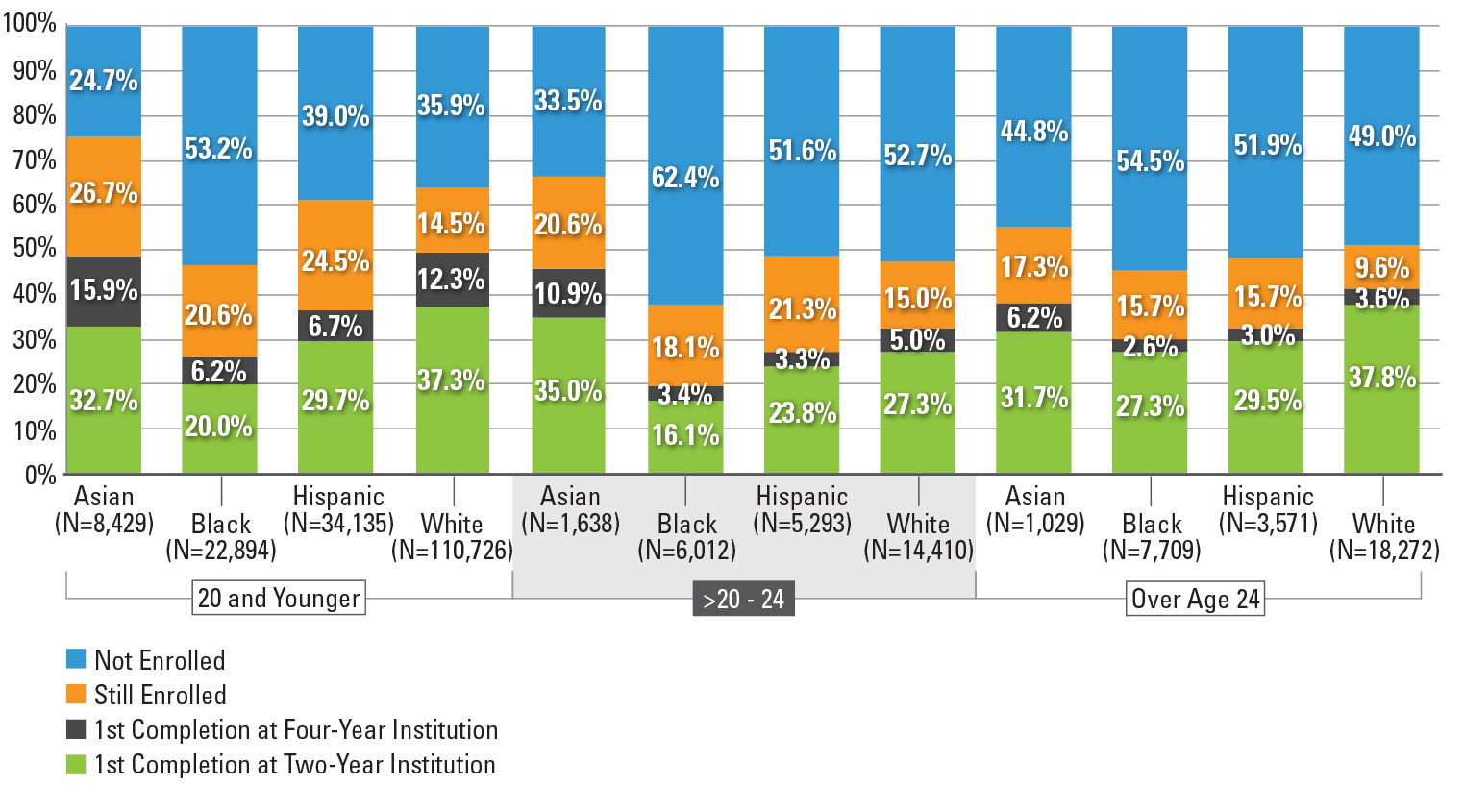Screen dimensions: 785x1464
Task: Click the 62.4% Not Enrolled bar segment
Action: click(x=685, y=165)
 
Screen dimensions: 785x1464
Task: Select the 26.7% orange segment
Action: click(x=104, y=196)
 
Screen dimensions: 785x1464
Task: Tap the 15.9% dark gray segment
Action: click(x=104, y=290)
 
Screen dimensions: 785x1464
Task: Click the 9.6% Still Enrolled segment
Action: click(x=1381, y=267)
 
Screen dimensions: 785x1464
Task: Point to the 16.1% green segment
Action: click(x=685, y=436)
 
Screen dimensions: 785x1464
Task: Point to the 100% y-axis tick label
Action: click(x=30, y=24)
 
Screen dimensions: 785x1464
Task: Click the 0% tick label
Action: click(x=40, y=474)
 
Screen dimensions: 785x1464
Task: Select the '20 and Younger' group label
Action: click(x=279, y=598)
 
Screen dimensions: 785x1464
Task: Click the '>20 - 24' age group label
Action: click(x=743, y=600)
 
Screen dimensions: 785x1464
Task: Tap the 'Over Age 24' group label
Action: click(x=1195, y=599)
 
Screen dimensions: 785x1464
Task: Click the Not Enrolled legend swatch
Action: click(x=76, y=659)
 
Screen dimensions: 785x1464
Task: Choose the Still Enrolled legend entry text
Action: click(x=161, y=695)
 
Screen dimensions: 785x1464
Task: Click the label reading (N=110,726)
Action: click(x=452, y=551)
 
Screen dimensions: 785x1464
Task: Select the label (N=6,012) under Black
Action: click(x=687, y=551)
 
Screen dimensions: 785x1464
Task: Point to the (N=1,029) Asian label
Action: click(x=1035, y=524)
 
